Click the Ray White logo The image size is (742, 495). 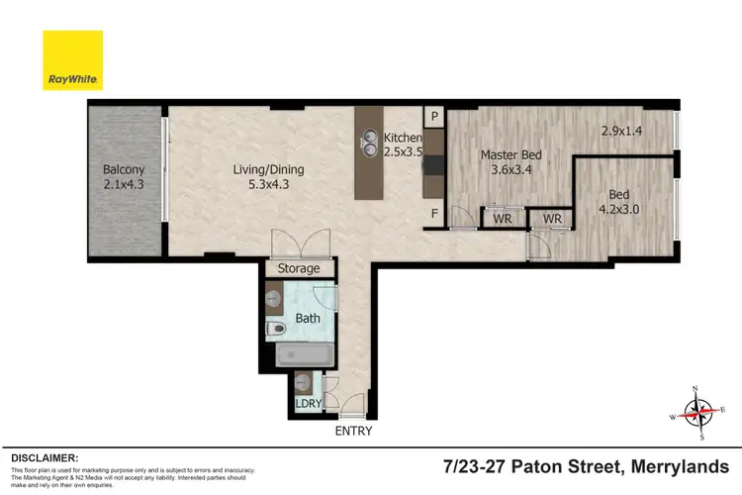pos(72,59)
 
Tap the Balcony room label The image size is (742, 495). pos(124,175)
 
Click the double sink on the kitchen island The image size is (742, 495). pos(369,144)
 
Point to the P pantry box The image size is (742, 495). pos(433,115)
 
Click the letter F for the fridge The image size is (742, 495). pos(433,212)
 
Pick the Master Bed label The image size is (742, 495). pos(511,154)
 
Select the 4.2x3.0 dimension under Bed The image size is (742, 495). pos(619,209)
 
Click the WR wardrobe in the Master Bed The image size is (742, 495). pos(502,218)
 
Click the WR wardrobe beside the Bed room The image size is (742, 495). pos(551,218)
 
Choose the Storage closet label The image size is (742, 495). pos(298,268)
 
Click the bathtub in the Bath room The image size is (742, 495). pos(302,354)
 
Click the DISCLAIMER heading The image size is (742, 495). pos(44,458)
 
